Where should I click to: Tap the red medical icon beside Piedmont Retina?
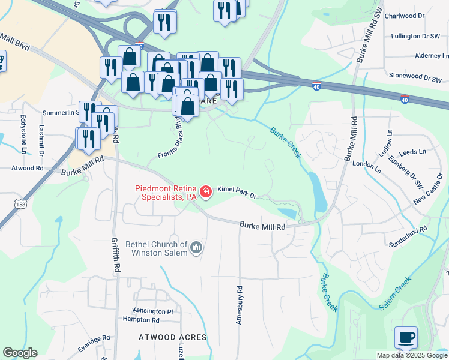point(206,192)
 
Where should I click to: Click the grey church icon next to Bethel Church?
point(196,247)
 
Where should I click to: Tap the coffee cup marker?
point(406,338)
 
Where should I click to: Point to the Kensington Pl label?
point(153,311)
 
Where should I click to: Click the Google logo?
point(20,353)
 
